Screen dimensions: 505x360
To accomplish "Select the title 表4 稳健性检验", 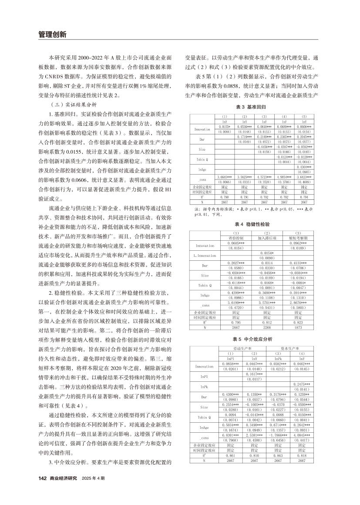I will pos(251,224).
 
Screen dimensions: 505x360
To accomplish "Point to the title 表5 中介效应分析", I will pos(251,338).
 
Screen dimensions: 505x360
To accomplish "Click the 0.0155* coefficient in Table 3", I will pos(224,126).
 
